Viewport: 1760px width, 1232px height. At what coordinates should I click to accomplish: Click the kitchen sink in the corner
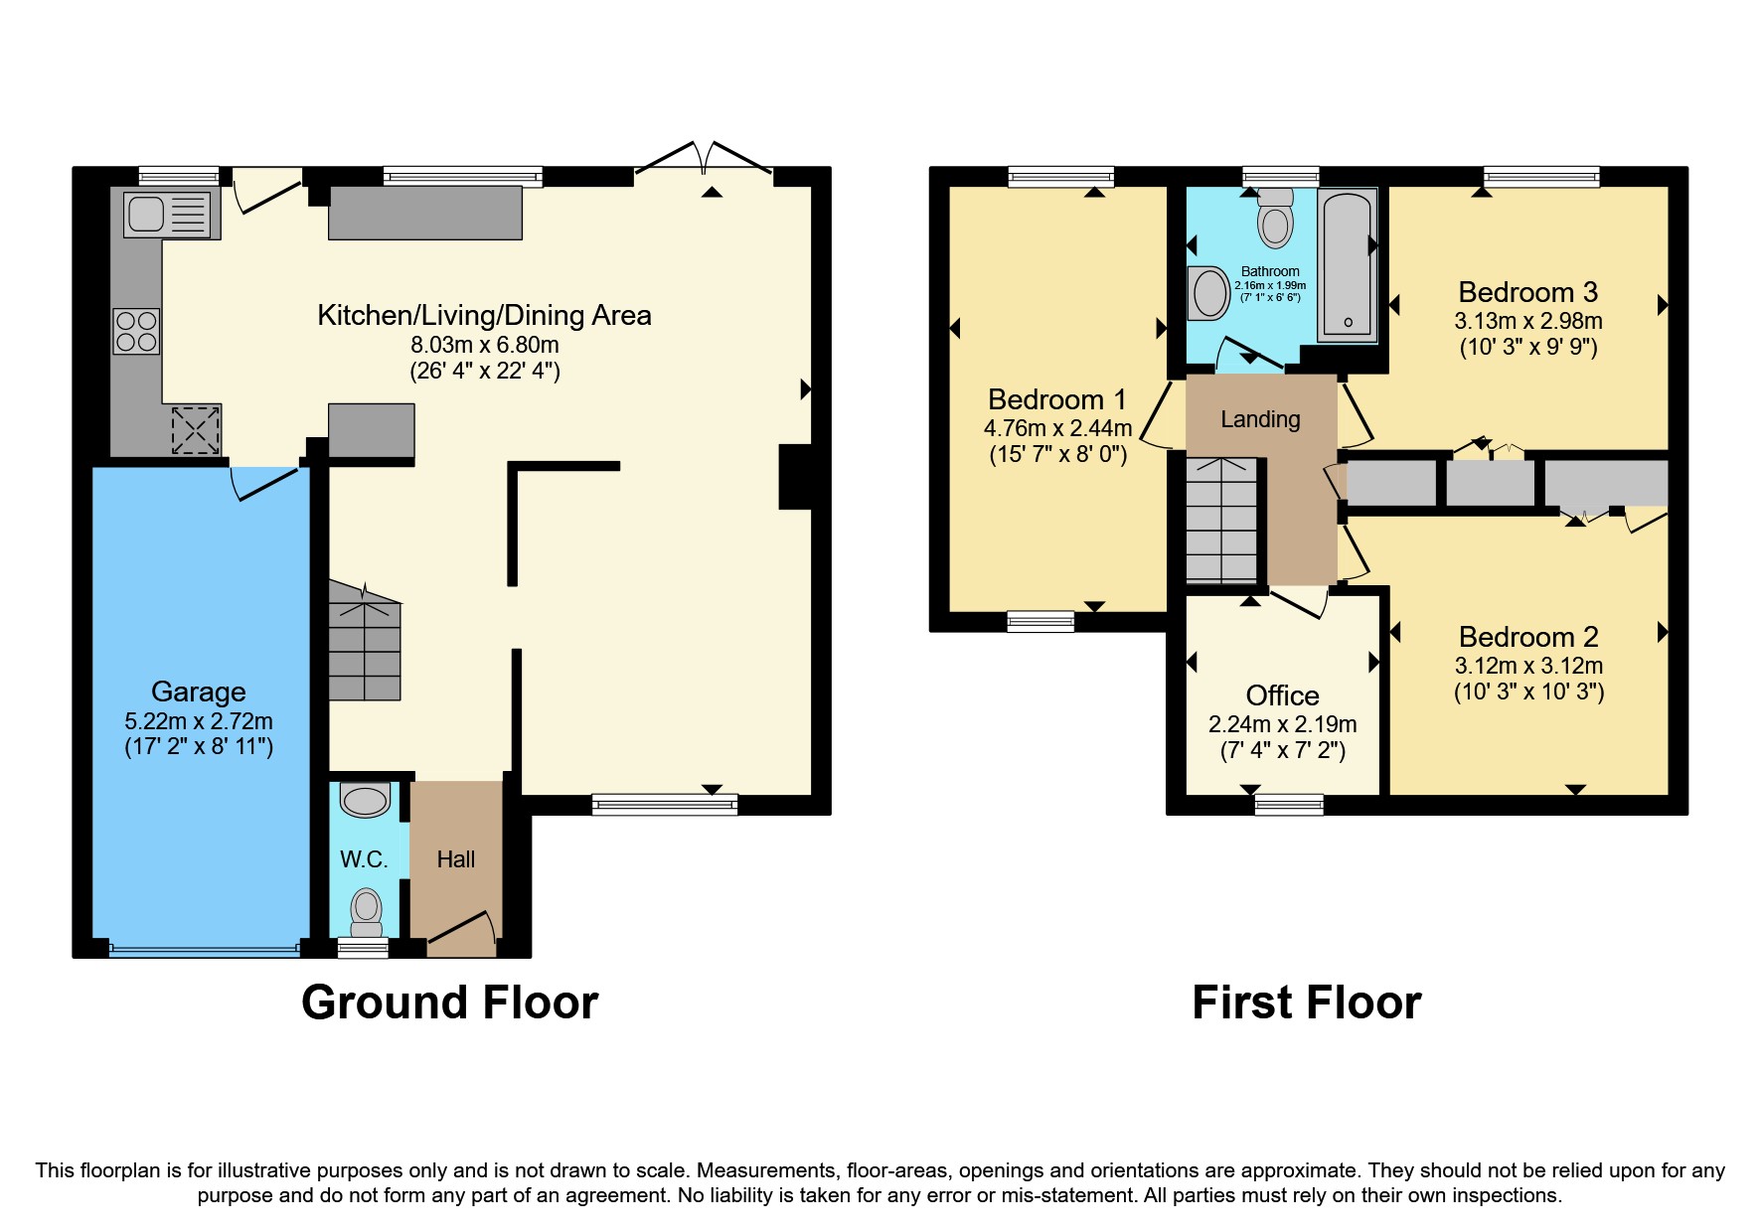point(166,215)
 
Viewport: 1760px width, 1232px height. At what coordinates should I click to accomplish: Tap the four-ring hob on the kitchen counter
point(136,331)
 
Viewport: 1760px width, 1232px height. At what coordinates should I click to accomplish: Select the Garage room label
point(198,692)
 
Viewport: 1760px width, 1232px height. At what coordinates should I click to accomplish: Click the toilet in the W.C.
point(366,910)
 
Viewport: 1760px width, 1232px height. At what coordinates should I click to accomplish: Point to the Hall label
point(456,859)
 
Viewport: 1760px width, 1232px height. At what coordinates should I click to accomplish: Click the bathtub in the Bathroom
point(1347,265)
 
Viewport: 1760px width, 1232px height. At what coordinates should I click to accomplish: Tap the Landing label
point(1260,419)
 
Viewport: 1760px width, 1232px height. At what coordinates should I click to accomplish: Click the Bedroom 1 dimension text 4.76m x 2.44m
point(1057,428)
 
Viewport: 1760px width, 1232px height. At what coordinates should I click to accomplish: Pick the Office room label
point(1282,695)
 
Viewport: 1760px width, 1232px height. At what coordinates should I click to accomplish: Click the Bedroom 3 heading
point(1527,292)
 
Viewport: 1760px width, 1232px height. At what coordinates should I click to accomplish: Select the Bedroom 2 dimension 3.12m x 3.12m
point(1528,666)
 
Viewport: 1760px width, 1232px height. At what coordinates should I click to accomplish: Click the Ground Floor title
point(449,1002)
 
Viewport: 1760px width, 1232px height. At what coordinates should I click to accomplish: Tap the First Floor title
point(1306,1002)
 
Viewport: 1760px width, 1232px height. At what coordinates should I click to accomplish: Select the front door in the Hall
point(462,930)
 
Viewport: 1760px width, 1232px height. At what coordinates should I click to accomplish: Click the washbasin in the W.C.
point(365,801)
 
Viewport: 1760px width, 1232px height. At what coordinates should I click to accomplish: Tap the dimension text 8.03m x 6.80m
point(485,345)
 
